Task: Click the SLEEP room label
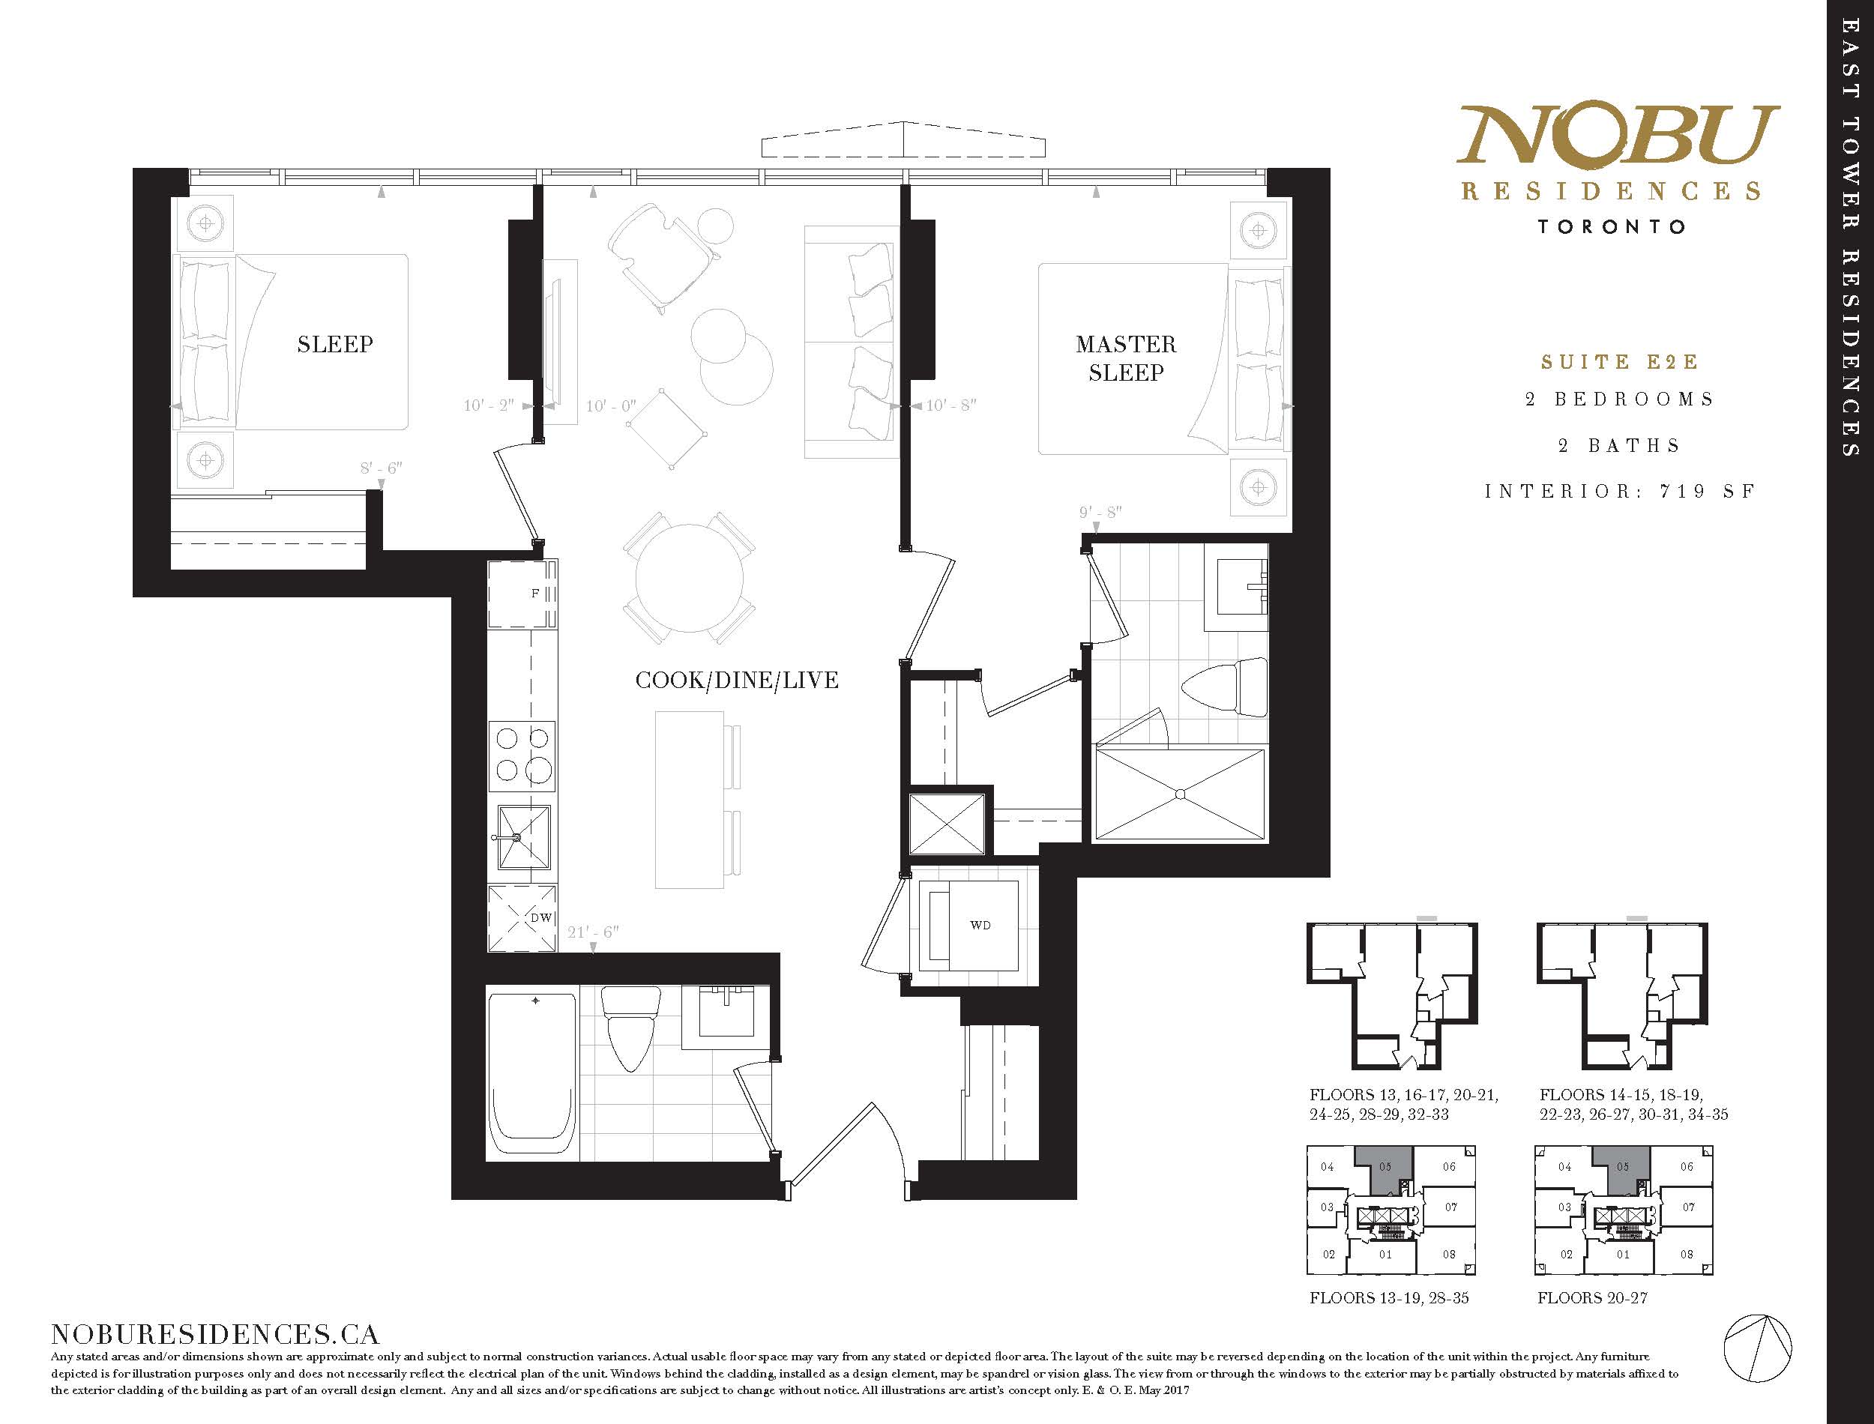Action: [x=335, y=344]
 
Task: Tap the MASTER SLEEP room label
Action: [x=1126, y=358]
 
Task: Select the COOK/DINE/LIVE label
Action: [x=737, y=680]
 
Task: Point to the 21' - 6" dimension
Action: [x=593, y=932]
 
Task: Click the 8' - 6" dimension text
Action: [x=381, y=468]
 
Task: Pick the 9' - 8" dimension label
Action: [x=1100, y=512]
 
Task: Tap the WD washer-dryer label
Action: [x=980, y=925]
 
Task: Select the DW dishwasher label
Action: [x=540, y=917]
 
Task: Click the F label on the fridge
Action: [x=534, y=594]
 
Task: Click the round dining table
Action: [x=689, y=577]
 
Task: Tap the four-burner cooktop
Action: [x=523, y=756]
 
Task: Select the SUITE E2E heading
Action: [x=1620, y=363]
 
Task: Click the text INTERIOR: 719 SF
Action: [x=1620, y=492]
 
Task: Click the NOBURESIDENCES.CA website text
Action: [x=214, y=1333]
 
